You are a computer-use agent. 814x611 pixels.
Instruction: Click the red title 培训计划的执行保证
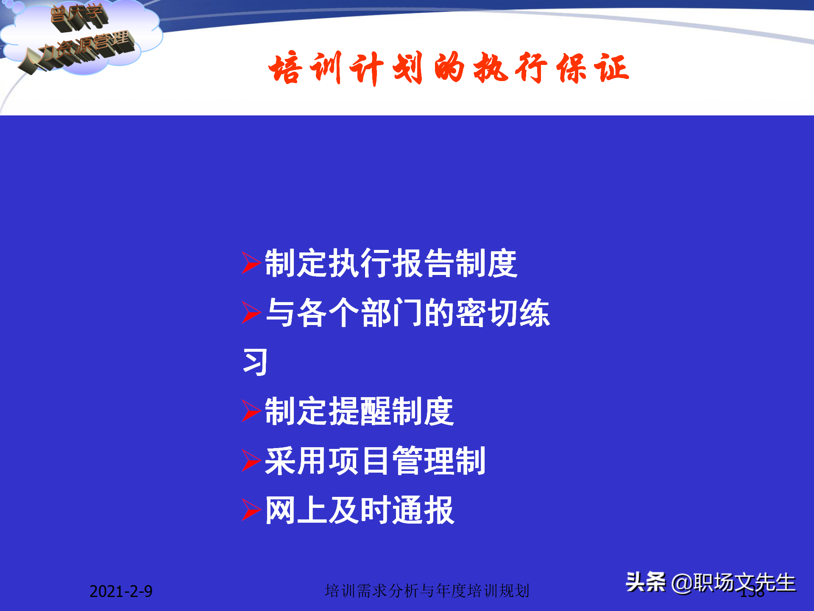click(449, 68)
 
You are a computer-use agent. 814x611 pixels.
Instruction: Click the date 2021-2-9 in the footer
click(121, 591)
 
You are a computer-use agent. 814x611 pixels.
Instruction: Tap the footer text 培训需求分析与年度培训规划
click(427, 591)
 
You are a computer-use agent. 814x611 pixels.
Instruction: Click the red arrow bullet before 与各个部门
click(251, 313)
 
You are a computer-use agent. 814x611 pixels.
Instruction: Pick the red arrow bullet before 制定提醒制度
click(251, 411)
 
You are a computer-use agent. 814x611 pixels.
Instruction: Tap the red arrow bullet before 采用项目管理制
click(251, 460)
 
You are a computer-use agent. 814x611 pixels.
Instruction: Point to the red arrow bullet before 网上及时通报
click(251, 510)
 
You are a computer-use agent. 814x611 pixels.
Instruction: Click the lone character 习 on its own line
click(255, 362)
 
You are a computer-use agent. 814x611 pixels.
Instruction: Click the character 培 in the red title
click(285, 68)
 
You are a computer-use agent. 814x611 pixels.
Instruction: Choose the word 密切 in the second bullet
click(486, 313)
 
